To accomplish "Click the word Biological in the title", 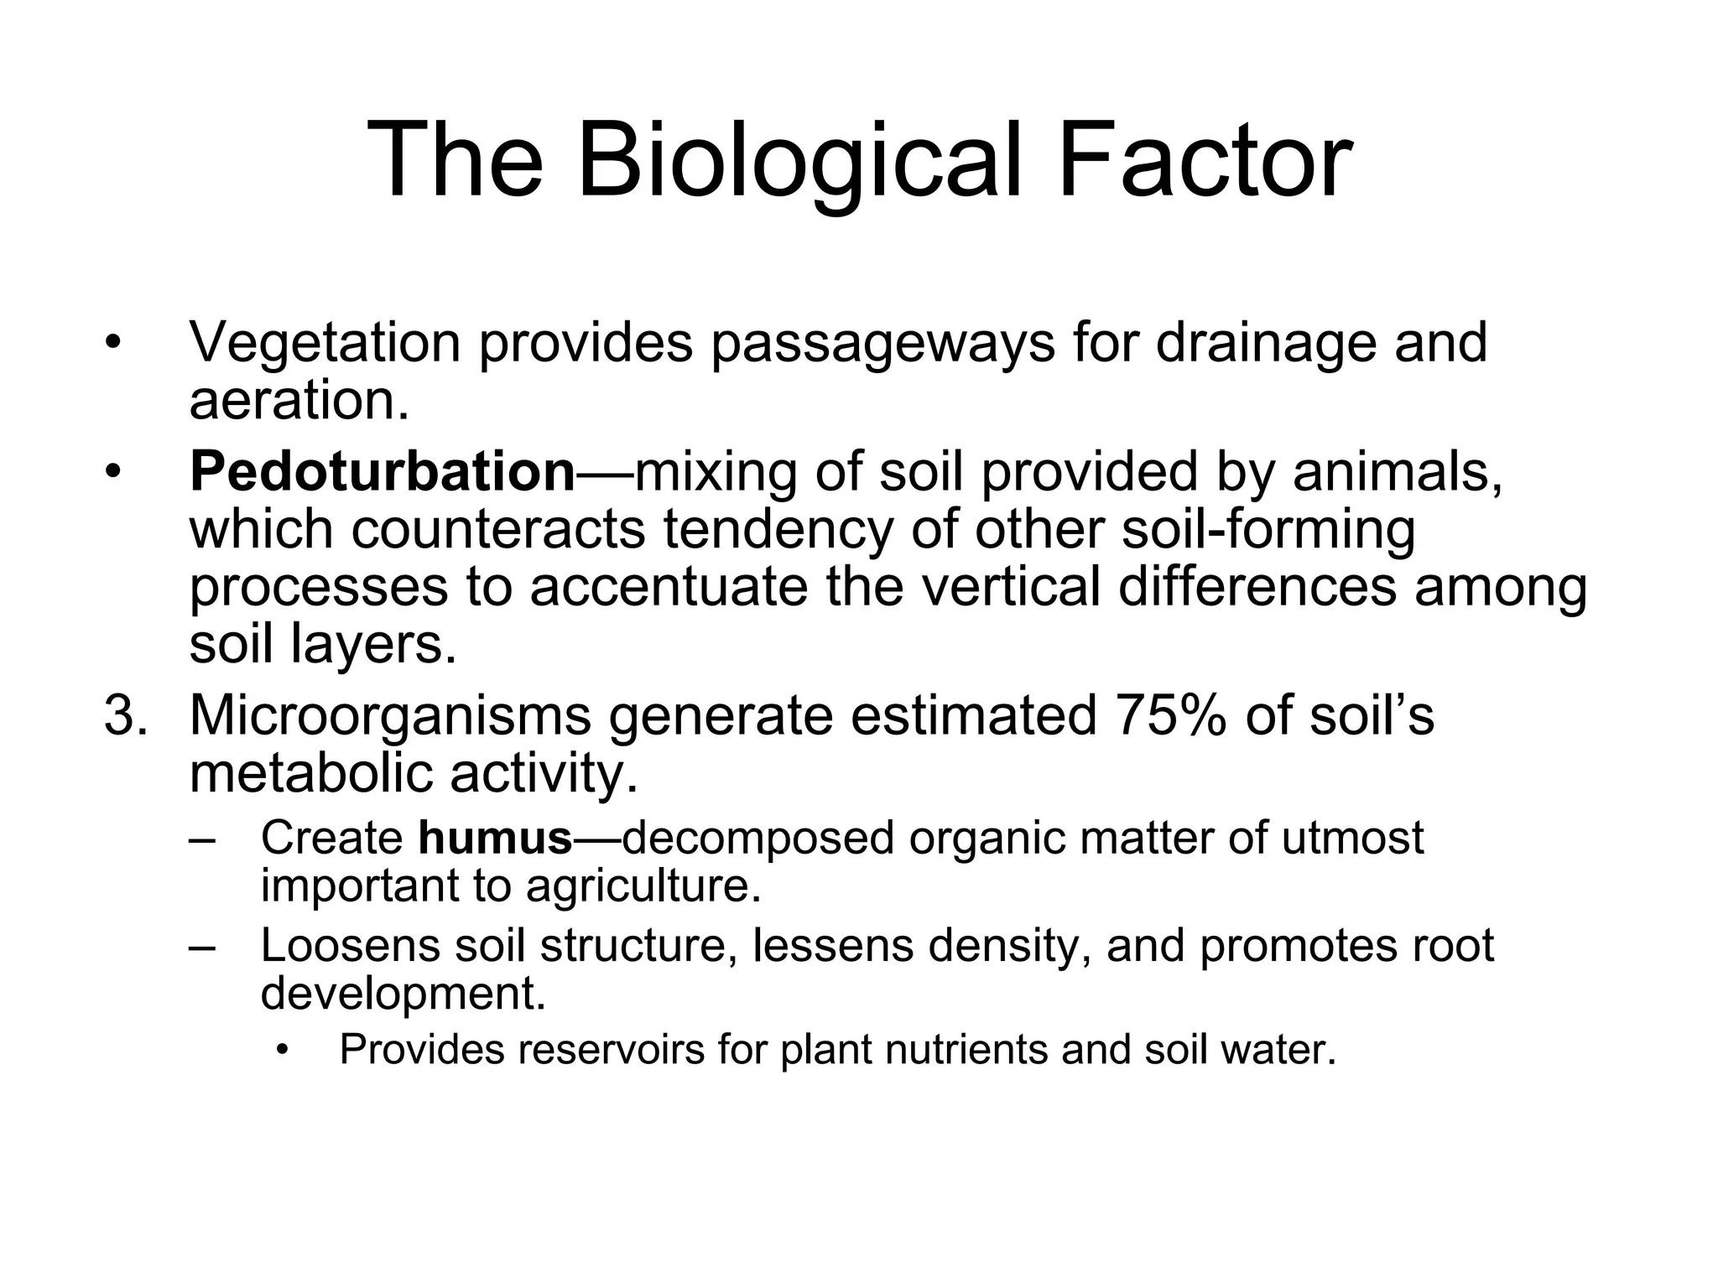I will pyautogui.click(x=800, y=161).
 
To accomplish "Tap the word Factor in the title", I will pyautogui.click(x=1205, y=161).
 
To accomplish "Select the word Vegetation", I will pyautogui.click(x=325, y=343).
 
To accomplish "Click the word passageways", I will pyautogui.click(x=882, y=343).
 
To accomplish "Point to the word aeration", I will pyautogui.click(x=299, y=401).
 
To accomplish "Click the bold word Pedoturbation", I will pyautogui.click(x=383, y=471).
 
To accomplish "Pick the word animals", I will pyautogui.click(x=1397, y=471).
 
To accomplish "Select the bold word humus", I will pyautogui.click(x=495, y=838).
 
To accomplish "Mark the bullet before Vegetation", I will pyautogui.click(x=113, y=343).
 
